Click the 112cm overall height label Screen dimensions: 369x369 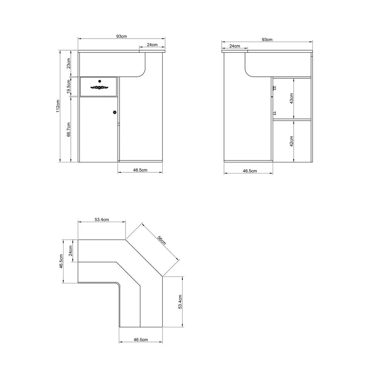58,106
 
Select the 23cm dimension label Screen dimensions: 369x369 69,63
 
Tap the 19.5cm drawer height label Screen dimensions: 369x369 69,87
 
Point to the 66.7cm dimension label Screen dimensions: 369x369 69,130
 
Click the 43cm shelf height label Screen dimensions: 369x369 292,99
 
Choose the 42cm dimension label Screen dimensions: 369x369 292,141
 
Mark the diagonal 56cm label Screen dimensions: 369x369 162,240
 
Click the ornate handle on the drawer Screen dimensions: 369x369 99,87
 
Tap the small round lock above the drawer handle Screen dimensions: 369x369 100,81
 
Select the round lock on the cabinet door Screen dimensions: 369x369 115,112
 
